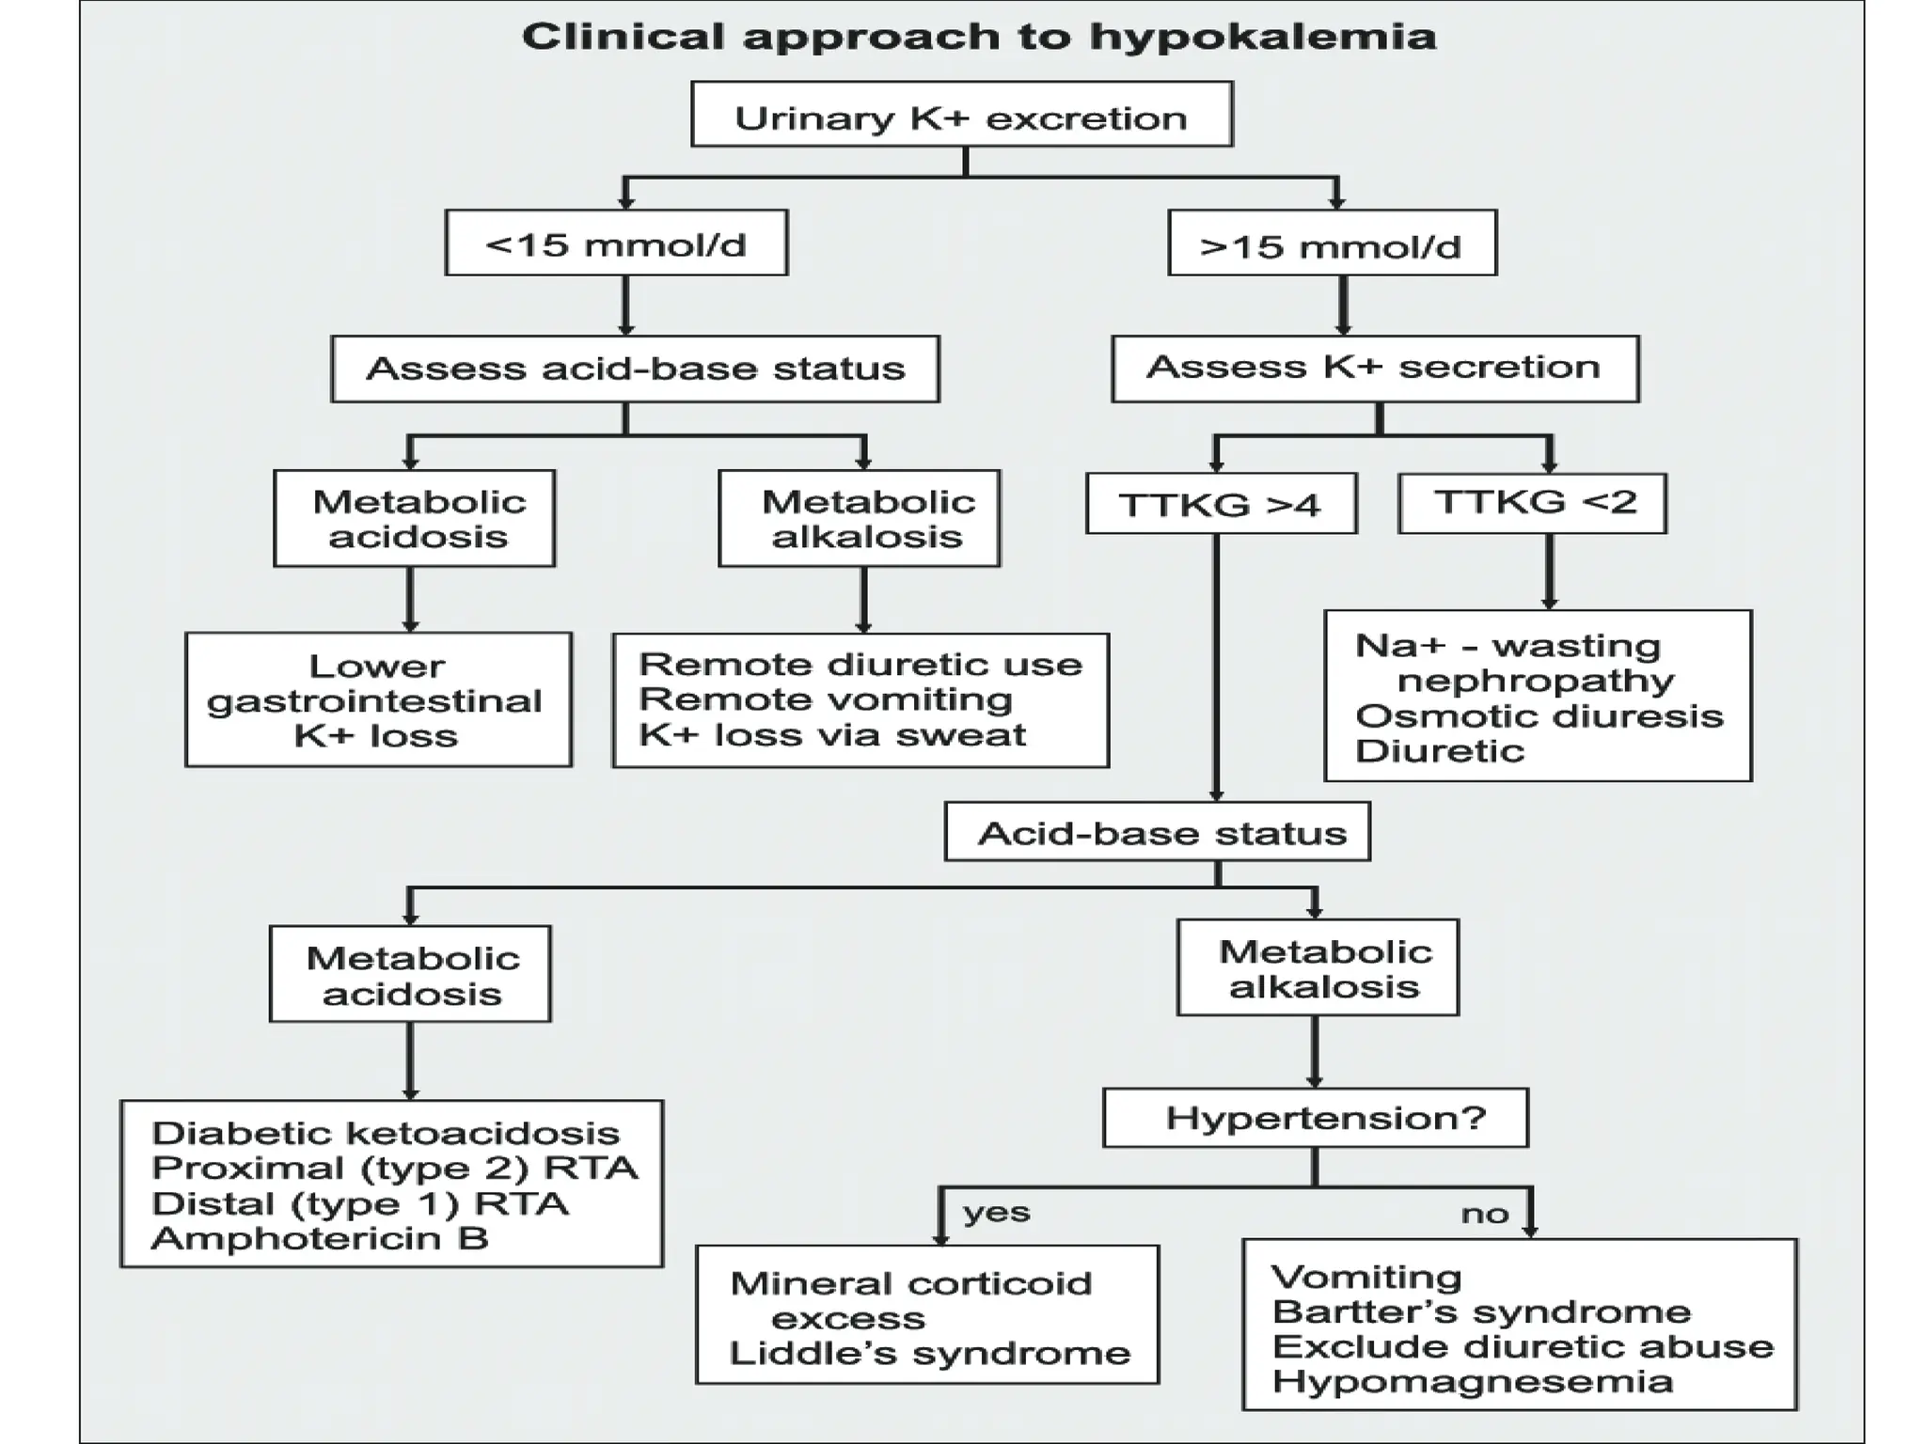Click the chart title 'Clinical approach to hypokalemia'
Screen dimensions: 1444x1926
click(978, 38)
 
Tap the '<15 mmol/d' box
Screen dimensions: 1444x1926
click(616, 243)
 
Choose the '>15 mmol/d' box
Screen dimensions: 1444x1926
click(1331, 244)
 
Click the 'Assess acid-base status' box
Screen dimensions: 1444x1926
click(635, 369)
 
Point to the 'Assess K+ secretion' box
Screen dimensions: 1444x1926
click(1374, 368)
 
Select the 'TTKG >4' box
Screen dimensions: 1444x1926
click(1221, 505)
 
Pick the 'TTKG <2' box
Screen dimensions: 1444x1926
click(1532, 503)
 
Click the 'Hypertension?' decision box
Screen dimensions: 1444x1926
click(1316, 1118)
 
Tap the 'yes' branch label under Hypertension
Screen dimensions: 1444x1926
click(996, 1212)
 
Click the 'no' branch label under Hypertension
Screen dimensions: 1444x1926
click(1484, 1214)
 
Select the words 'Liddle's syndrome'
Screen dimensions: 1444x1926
click(929, 1353)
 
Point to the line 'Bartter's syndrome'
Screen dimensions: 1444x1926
click(1480, 1311)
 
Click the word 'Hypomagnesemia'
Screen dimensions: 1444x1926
click(1472, 1381)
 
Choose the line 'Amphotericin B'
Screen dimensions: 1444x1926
click(320, 1238)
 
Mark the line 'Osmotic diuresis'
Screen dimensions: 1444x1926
click(1539, 716)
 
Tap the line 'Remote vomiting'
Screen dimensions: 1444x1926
click(825, 699)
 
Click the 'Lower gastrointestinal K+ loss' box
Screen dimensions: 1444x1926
click(378, 699)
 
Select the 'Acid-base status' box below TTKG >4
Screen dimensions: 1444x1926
click(1157, 832)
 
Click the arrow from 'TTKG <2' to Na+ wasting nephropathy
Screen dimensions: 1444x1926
click(1549, 572)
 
